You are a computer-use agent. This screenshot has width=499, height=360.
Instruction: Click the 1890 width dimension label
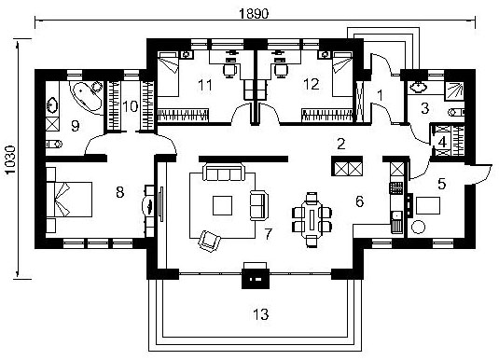coord(254,14)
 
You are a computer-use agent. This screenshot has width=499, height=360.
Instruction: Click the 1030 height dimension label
coord(10,159)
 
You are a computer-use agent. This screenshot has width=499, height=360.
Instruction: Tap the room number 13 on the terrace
coord(261,314)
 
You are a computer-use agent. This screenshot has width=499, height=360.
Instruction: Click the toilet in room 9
coord(54,145)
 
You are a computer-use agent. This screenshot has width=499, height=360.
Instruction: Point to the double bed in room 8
coord(69,200)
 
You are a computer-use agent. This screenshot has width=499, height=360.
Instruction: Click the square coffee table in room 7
coord(222,205)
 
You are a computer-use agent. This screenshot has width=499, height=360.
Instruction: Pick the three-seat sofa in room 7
coord(224,173)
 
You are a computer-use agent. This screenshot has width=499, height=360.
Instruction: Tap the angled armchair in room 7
coord(210,241)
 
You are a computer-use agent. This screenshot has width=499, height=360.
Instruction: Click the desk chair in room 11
coord(230,70)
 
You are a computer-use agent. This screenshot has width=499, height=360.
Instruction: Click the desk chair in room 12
coord(280,70)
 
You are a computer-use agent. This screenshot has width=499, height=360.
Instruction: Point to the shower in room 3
coord(455,90)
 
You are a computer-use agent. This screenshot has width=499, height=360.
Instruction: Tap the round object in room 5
coord(418,228)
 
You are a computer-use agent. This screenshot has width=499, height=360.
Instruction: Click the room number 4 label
coord(442,142)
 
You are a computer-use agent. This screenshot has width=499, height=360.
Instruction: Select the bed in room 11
coord(168,75)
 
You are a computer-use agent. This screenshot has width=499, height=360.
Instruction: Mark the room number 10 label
coord(131,106)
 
